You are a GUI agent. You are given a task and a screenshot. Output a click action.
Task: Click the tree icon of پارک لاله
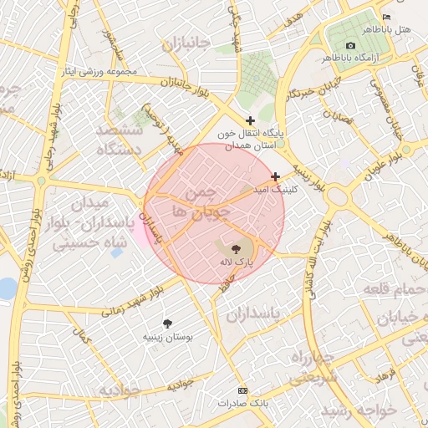(x=235, y=248)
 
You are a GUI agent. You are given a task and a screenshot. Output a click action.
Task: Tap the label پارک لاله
(x=235, y=262)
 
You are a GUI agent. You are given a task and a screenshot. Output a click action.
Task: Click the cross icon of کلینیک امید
(x=276, y=176)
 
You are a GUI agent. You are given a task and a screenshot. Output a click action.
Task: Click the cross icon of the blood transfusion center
(x=250, y=121)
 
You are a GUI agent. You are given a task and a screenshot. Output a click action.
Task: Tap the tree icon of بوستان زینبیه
(x=168, y=323)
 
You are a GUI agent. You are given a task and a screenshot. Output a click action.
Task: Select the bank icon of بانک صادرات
(x=243, y=390)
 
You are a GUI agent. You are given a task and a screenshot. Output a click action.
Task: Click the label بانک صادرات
(x=243, y=403)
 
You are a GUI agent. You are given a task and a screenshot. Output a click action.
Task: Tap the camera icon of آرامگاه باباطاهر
(x=350, y=45)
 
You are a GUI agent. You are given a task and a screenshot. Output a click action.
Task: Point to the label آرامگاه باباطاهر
(x=366, y=58)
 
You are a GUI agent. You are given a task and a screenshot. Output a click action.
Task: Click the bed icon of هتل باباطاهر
(x=385, y=18)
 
